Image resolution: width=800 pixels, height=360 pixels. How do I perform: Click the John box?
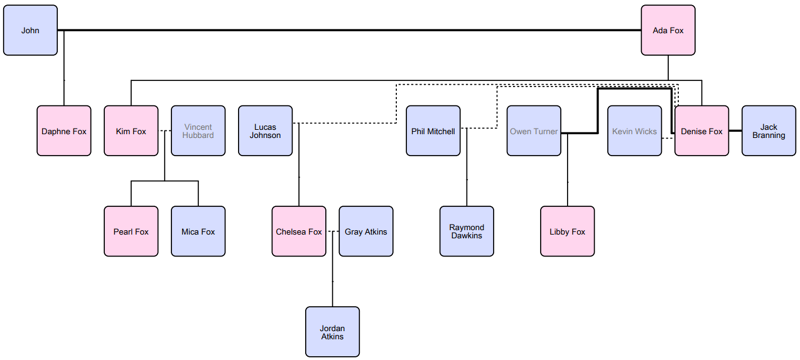30,30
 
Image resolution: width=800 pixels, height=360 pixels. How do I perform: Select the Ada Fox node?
667,30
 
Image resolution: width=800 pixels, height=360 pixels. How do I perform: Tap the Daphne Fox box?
64,131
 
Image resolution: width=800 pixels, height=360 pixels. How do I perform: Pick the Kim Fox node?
131,131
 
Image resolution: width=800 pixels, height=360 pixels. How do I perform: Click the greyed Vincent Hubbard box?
198,131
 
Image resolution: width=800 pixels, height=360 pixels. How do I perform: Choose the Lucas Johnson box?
265,131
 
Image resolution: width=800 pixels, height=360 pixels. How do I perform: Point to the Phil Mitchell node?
433,131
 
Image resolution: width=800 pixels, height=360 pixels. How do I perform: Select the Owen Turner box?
533,131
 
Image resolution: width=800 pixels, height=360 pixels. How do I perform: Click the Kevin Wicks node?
634,131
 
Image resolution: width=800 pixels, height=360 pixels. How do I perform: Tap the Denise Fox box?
701,131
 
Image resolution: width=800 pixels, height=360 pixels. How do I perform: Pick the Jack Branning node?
768,131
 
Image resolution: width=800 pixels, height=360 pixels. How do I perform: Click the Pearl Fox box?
131,231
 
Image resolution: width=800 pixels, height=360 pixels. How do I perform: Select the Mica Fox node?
198,231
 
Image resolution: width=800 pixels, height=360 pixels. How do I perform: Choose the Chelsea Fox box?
299,231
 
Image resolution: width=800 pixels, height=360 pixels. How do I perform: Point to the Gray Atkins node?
366,231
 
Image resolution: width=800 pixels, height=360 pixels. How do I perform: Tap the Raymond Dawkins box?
466,231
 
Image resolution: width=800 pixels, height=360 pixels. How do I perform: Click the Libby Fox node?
567,231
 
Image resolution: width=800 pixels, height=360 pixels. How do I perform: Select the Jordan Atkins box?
332,332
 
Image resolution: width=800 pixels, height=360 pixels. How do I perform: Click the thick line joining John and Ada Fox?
350,30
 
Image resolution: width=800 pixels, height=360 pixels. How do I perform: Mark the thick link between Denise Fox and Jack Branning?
735,131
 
